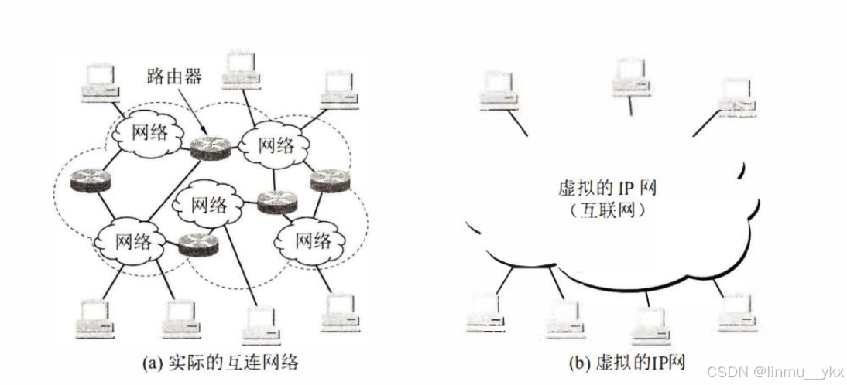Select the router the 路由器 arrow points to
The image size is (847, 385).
tap(211, 147)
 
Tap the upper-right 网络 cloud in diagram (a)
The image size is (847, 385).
tap(275, 145)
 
